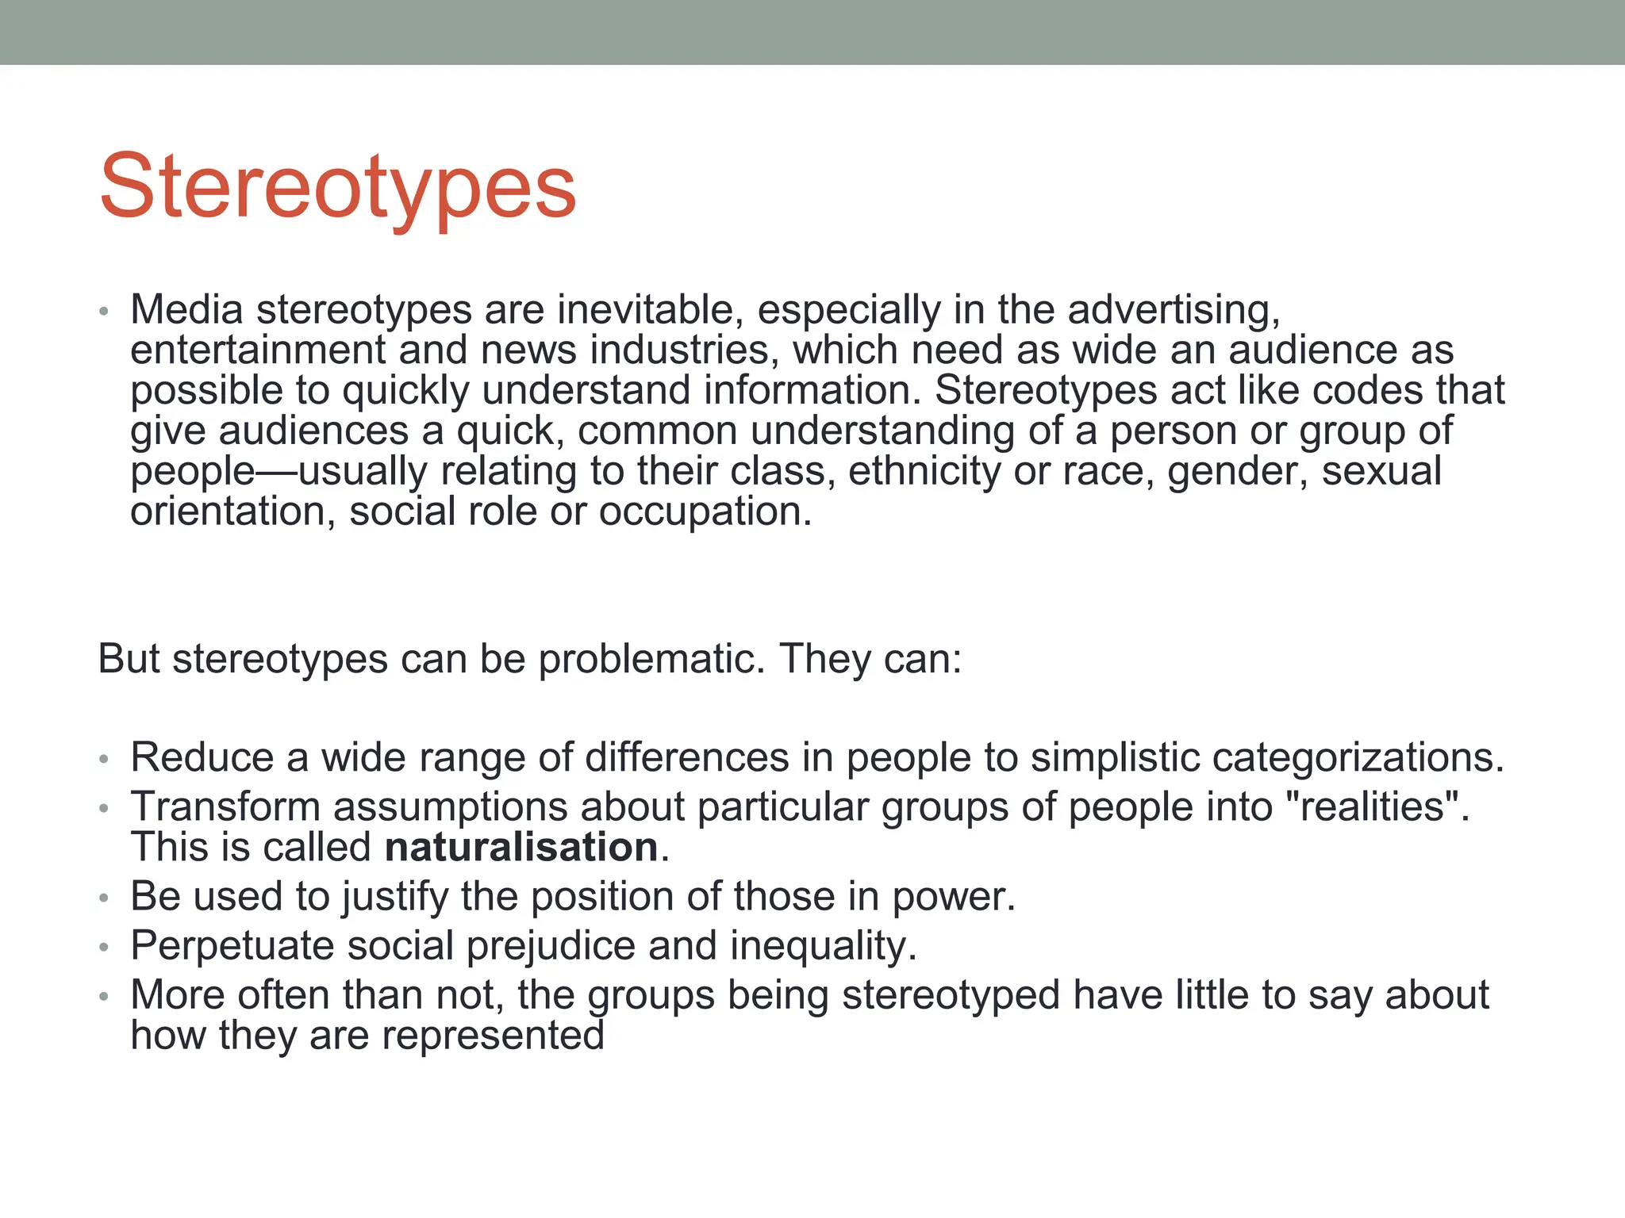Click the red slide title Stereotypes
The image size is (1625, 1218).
(337, 187)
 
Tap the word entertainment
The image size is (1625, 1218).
(258, 350)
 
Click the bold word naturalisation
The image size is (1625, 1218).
(521, 847)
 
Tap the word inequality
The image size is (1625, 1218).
(822, 946)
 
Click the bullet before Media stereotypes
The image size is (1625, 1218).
(103, 312)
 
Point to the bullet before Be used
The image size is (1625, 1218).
(103, 899)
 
